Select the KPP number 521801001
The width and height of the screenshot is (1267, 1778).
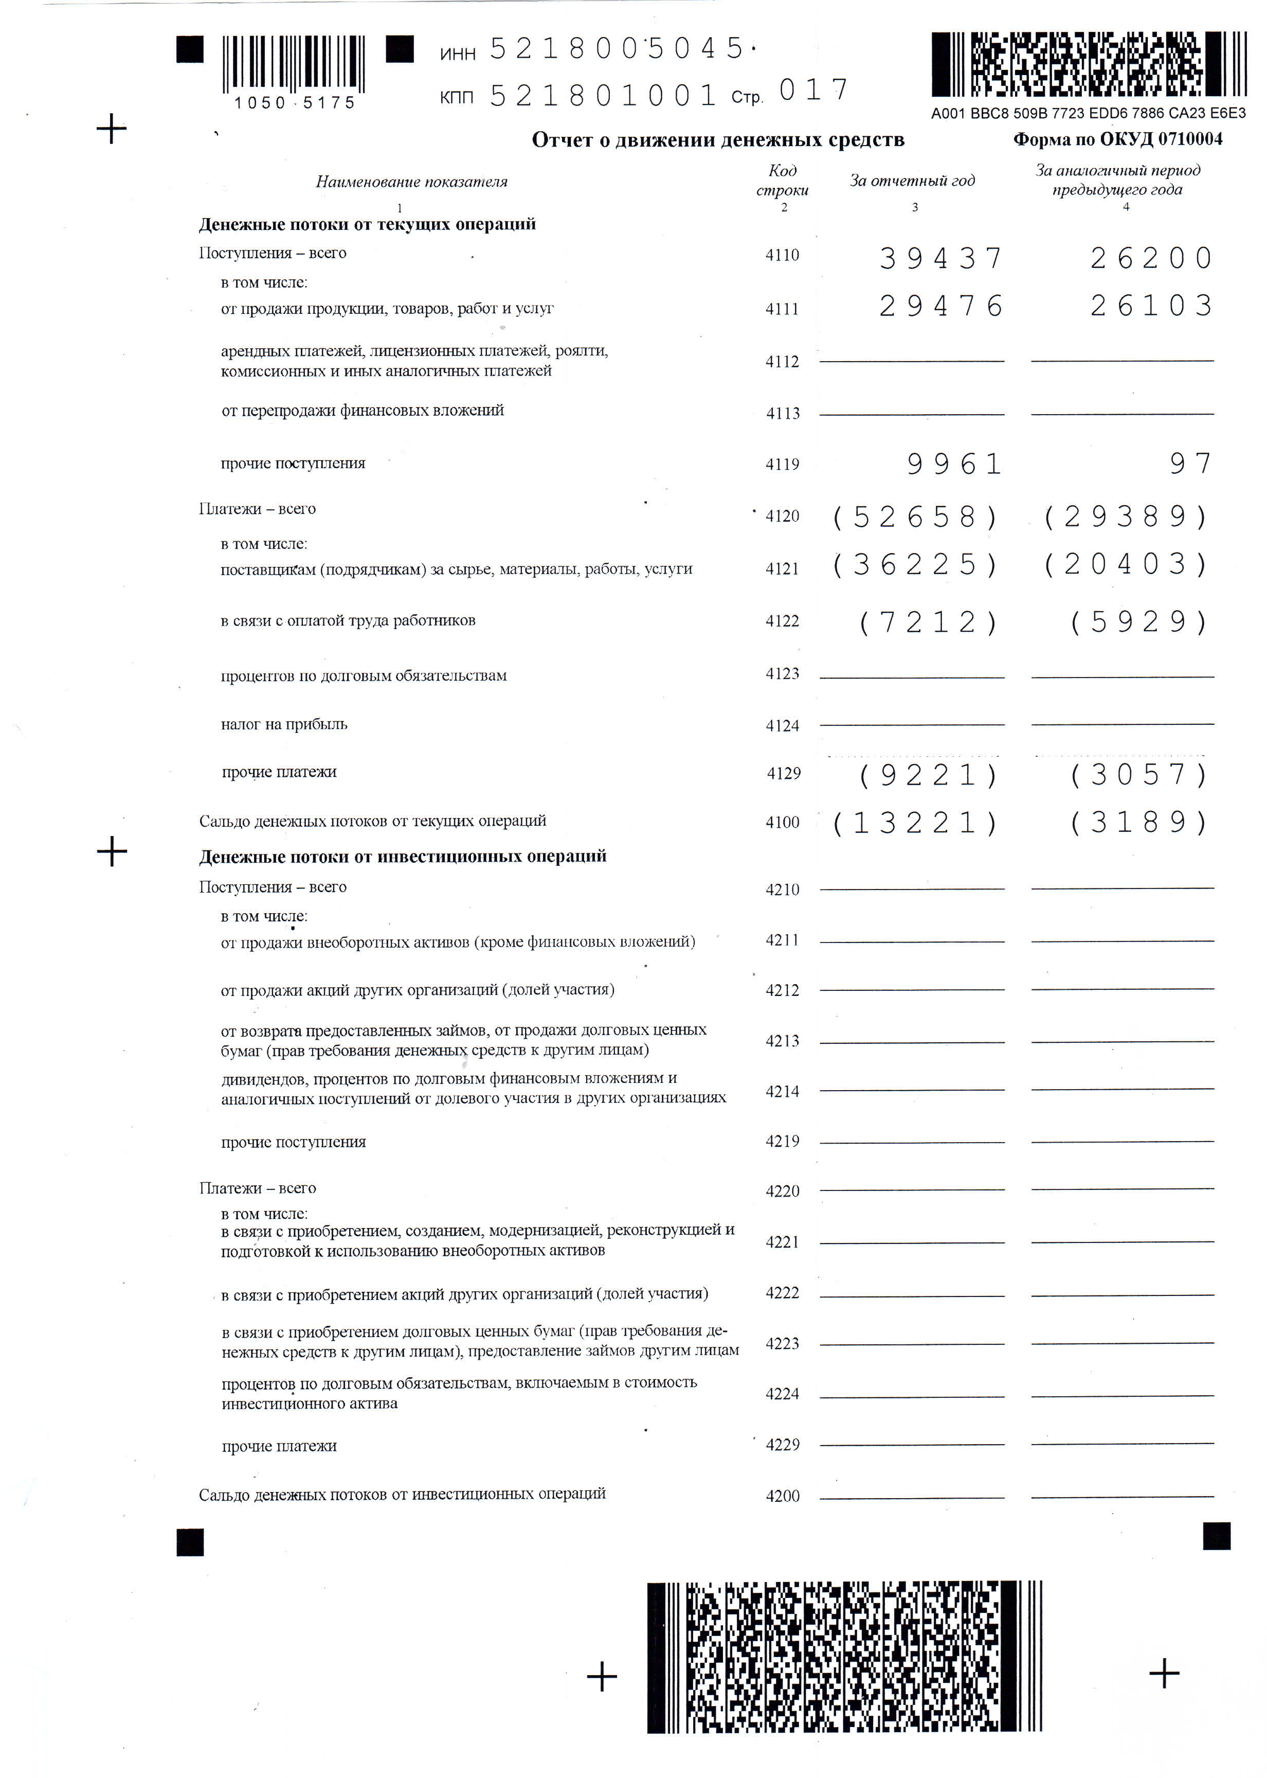[602, 96]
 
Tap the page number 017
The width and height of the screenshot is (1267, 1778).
[813, 91]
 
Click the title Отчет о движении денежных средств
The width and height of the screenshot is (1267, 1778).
[718, 140]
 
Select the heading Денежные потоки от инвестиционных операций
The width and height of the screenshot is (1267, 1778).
[403, 856]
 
